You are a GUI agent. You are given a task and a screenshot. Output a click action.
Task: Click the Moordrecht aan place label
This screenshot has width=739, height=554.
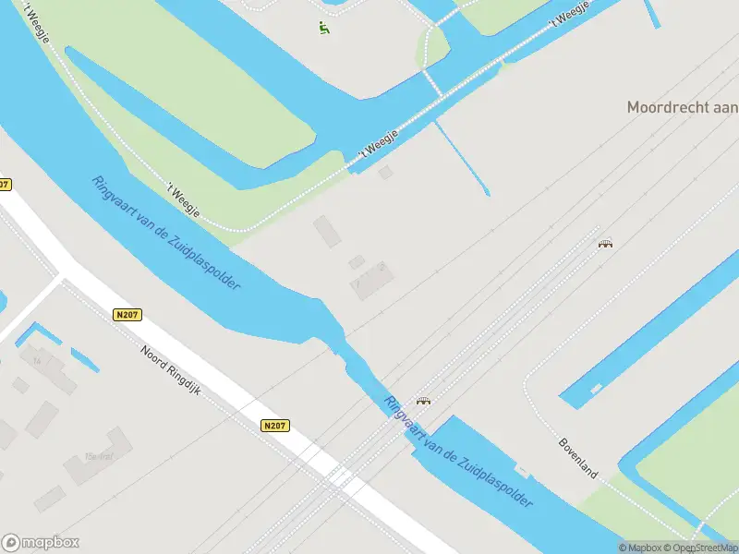click(682, 107)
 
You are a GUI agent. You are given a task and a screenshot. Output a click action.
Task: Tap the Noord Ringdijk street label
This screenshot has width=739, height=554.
click(171, 371)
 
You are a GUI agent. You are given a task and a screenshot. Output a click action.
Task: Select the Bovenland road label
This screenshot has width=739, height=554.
click(578, 458)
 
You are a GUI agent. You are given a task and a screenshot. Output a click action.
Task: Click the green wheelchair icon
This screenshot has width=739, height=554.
click(324, 28)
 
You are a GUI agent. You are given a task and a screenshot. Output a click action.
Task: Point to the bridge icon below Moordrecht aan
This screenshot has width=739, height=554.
click(606, 244)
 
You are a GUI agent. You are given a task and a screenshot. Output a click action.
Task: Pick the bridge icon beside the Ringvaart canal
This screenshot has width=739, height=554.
click(424, 401)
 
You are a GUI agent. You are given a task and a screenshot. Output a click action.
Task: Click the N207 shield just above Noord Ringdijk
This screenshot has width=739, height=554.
click(128, 316)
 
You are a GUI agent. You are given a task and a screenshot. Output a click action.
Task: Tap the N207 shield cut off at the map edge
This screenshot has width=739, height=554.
click(5, 185)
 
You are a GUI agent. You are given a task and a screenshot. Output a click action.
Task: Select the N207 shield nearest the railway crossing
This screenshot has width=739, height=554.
click(274, 426)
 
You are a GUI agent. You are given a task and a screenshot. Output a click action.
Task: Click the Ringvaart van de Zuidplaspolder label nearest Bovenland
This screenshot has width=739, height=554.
click(459, 452)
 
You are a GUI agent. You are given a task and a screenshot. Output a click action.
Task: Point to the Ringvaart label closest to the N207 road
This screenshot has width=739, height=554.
click(166, 233)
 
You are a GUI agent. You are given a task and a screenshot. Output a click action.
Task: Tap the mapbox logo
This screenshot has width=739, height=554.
click(41, 543)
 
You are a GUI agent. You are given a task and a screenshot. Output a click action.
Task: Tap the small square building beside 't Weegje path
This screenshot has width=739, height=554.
click(385, 172)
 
